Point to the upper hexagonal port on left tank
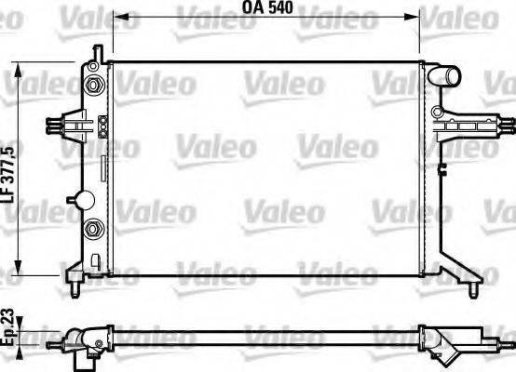click(x=93, y=86)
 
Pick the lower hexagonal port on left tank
click(x=93, y=230)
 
